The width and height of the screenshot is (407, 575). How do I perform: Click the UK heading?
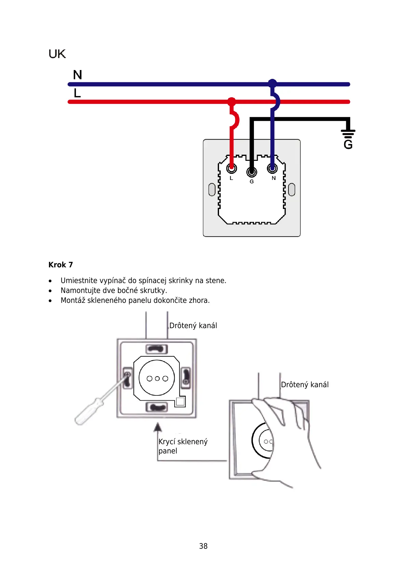coord(57,54)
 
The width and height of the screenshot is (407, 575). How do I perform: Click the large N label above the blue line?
coord(78,75)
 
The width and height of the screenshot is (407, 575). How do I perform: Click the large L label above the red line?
coord(77,93)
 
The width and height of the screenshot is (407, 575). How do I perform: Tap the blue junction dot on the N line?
coord(272,84)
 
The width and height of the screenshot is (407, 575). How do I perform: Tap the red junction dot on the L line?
coord(232,101)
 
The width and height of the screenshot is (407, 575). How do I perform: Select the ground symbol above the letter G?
coord(348,133)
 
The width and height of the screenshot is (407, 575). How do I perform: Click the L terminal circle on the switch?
coord(232,168)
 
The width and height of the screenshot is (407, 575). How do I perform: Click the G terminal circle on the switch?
coord(252,171)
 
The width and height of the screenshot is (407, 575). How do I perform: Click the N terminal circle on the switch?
coord(272,168)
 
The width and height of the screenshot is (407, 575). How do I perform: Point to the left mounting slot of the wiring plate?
coord(212,190)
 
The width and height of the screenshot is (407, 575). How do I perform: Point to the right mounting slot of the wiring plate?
coord(291,190)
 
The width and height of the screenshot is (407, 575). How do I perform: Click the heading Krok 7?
coord(60,265)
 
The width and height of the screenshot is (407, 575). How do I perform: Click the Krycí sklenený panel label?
coord(182,446)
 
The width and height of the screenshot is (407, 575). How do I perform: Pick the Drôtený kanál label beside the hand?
coord(304,385)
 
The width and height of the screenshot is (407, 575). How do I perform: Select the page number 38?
coord(203,546)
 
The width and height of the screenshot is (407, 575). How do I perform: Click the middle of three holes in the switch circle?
coord(157,379)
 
